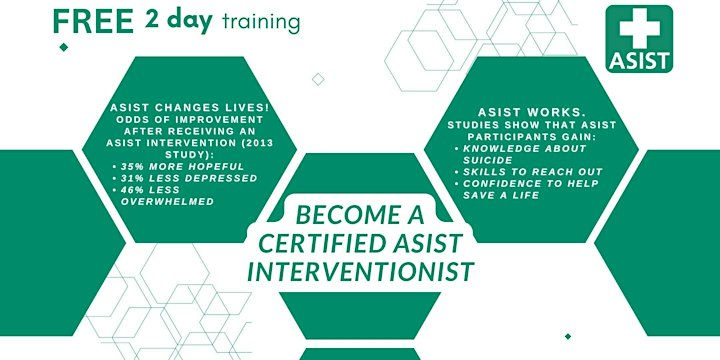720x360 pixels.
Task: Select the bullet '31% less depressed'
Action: point(174,178)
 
